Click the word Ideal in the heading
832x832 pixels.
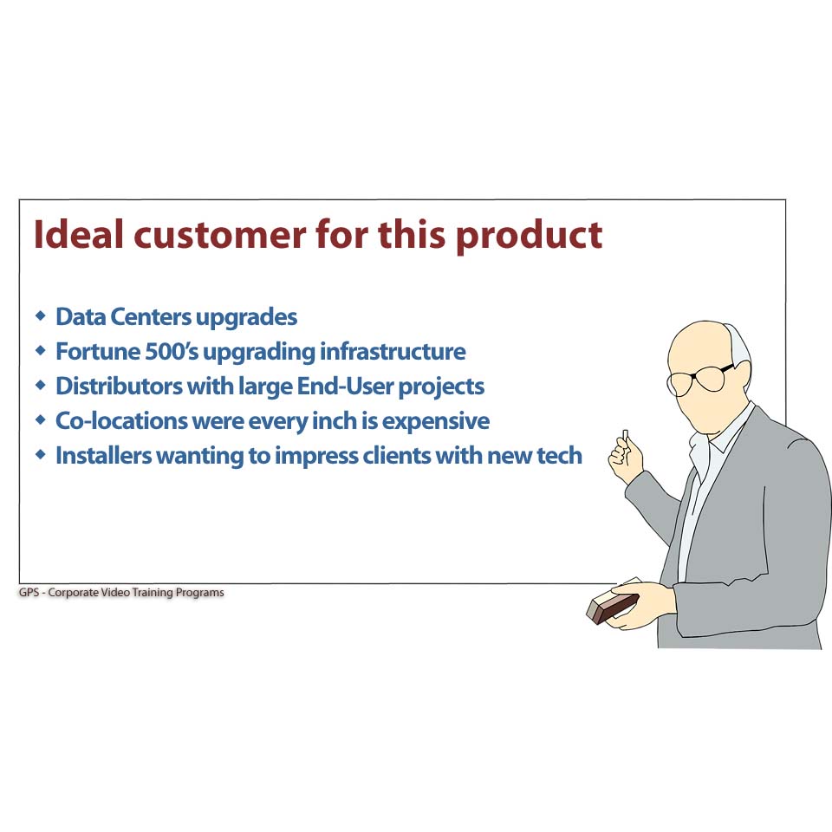click(79, 234)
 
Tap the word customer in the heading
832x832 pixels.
click(219, 236)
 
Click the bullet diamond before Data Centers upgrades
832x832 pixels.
click(41, 315)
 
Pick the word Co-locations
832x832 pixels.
click(121, 421)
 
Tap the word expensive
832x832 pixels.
click(436, 422)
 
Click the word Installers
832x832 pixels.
click(103, 455)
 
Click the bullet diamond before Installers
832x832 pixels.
click(41, 455)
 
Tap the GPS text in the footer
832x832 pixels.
click(29, 592)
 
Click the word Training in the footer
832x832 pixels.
click(153, 593)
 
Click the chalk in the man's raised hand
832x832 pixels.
click(626, 435)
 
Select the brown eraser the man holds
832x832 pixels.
click(612, 608)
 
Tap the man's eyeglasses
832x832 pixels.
click(698, 378)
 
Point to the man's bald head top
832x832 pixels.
click(700, 335)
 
